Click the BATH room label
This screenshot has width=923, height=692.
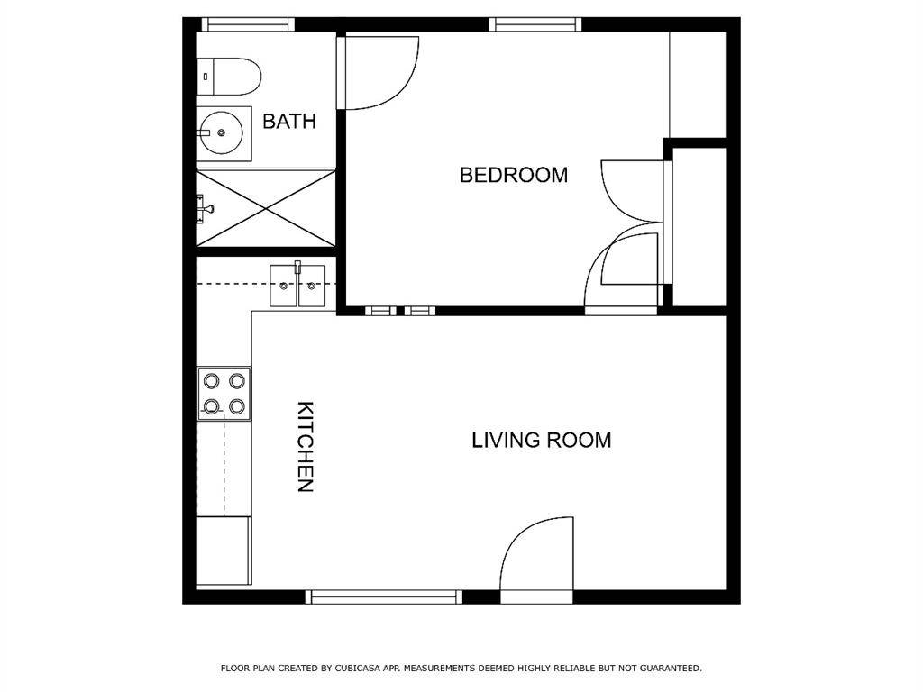click(x=288, y=121)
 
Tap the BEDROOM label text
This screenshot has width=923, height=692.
click(x=514, y=175)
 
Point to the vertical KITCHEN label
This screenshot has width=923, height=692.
click(x=306, y=446)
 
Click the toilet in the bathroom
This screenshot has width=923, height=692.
click(x=229, y=76)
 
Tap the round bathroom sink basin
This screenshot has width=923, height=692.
click(x=221, y=133)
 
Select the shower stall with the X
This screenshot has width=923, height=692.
click(x=267, y=207)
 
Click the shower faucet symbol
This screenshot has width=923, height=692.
click(x=206, y=209)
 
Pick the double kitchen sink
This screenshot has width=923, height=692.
click(x=297, y=286)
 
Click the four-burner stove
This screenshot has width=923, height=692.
click(x=224, y=394)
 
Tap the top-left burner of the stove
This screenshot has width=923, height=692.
click(x=212, y=380)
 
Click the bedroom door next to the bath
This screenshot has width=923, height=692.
click(x=379, y=72)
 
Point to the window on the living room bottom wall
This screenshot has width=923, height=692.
click(x=384, y=596)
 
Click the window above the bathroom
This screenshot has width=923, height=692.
click(x=248, y=24)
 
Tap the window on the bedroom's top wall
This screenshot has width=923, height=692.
click(x=535, y=24)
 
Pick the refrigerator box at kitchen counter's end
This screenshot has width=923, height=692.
click(x=224, y=550)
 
